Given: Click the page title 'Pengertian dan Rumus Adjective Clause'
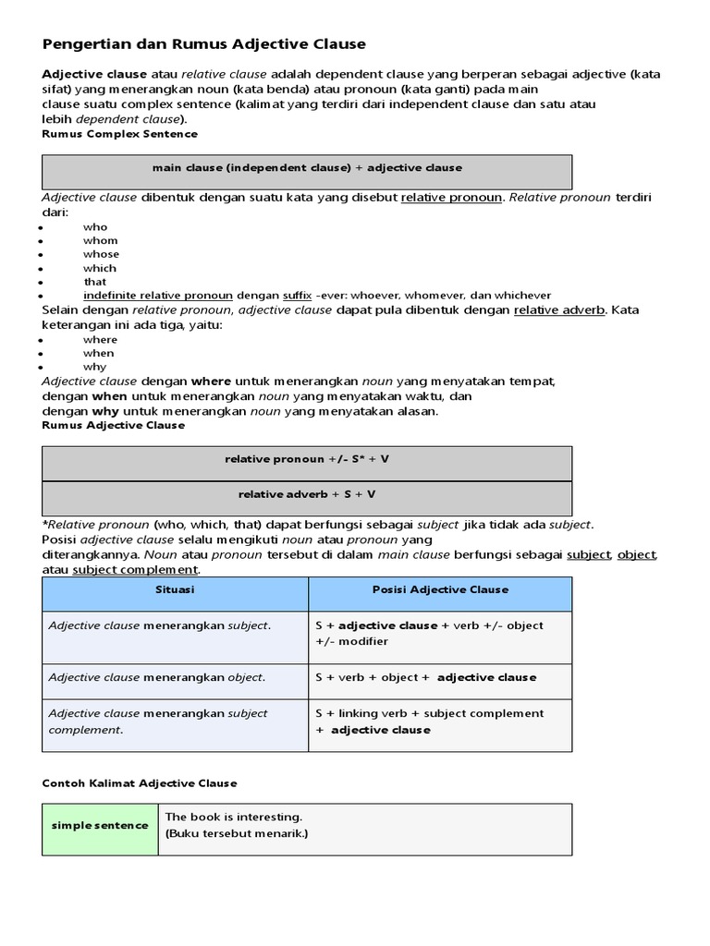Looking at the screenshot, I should pos(204,43).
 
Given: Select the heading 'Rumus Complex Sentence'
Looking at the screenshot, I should pos(119,134).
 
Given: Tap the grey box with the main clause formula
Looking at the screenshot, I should pos(307,168).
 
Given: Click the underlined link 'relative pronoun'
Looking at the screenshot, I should pos(451,197).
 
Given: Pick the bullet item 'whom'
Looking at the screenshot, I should pos(101,240).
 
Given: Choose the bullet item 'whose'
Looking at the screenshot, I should pos(101,254).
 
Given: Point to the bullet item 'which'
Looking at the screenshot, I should pos(100,268).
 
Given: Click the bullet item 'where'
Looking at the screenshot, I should pos(100,339).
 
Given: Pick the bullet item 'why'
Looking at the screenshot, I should pos(94,367).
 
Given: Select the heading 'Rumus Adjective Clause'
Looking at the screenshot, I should pos(114,425).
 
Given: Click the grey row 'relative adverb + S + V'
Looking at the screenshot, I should pos(307,494).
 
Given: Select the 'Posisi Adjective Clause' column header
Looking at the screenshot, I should pos(440,589).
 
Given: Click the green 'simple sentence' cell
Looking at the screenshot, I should pos(100,825).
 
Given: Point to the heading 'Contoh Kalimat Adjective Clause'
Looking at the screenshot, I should pos(140,782).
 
